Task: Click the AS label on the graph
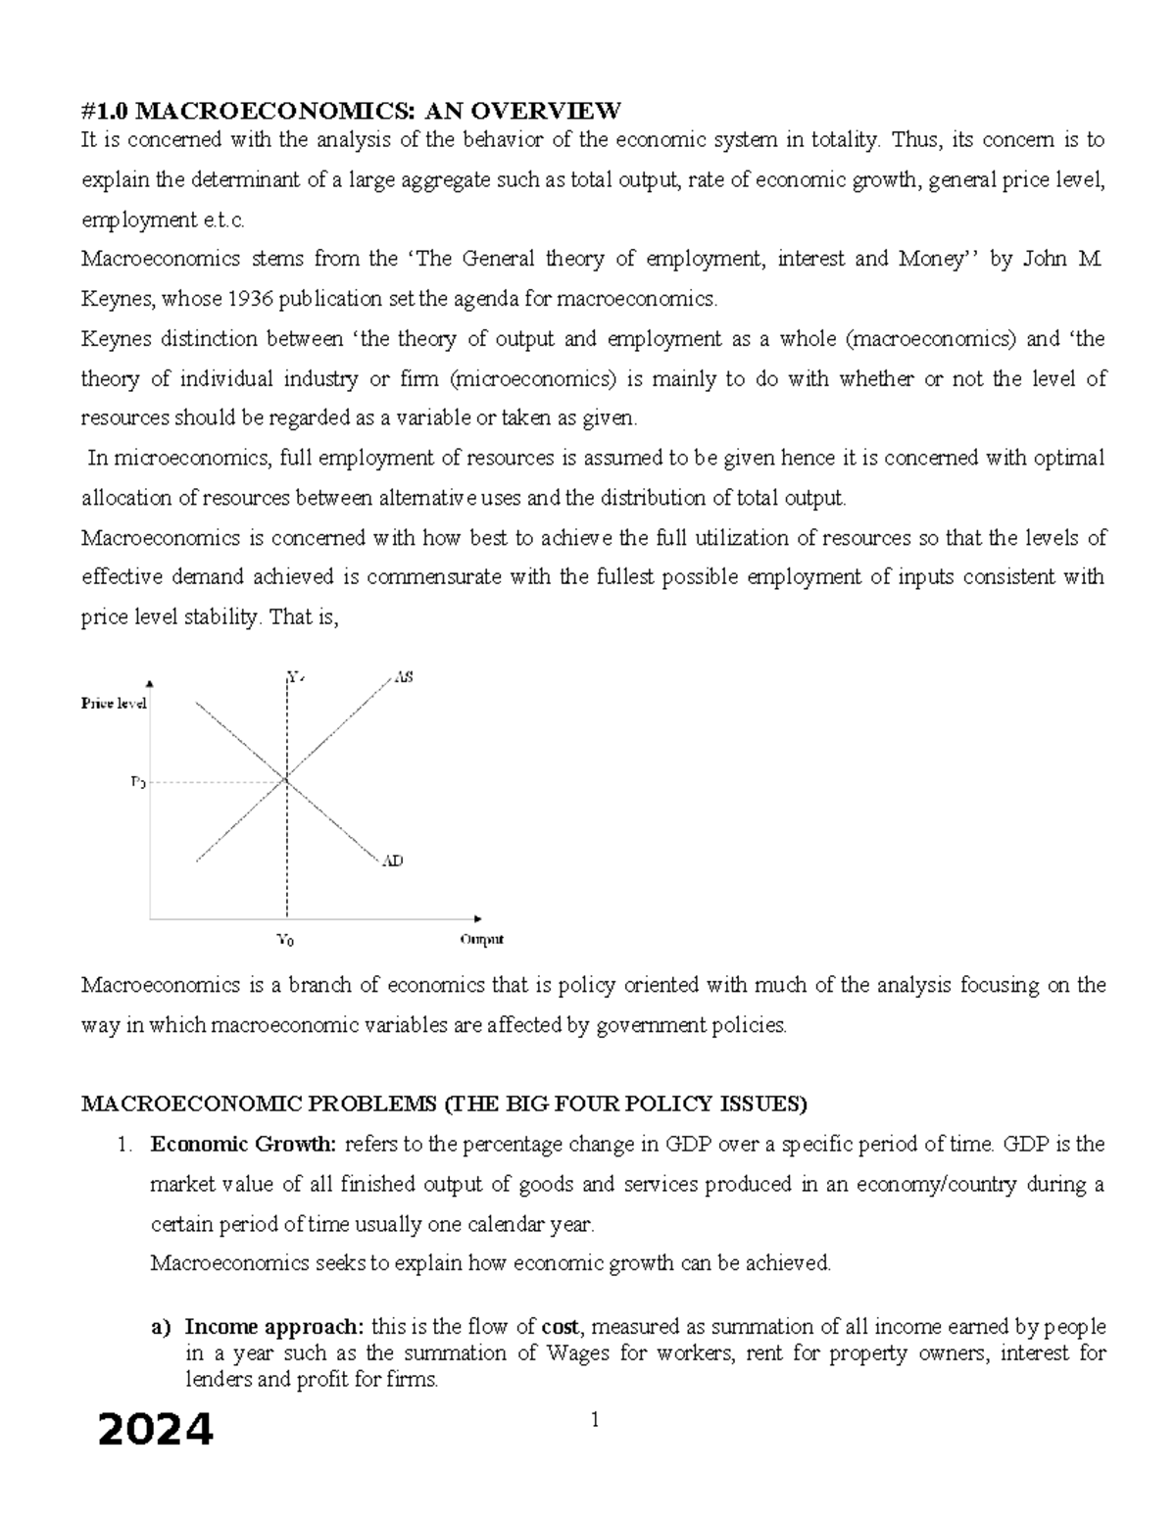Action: tap(404, 677)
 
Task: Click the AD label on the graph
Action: tap(393, 860)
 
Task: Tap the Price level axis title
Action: tap(114, 704)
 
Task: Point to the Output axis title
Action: tap(481, 939)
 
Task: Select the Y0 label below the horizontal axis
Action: tap(285, 940)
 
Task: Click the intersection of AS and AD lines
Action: tap(286, 780)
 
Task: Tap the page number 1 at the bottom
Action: tap(593, 1420)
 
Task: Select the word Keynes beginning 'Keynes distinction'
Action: tap(113, 339)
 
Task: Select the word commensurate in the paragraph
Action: tap(445, 577)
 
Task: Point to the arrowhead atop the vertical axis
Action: tap(149, 684)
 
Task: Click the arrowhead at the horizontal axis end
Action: tap(477, 918)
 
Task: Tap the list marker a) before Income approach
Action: tap(160, 1327)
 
